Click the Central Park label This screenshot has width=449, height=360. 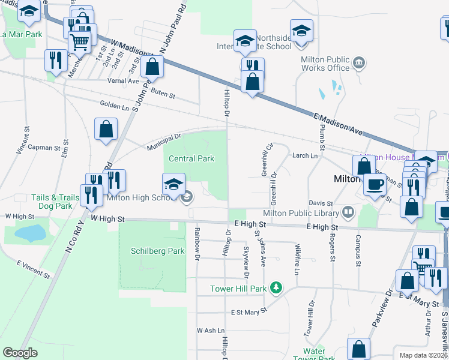(191, 159)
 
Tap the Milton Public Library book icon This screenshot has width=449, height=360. (348, 212)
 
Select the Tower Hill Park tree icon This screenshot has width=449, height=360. (276, 289)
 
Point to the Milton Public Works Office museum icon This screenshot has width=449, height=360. (359, 62)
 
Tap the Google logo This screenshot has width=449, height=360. (20, 353)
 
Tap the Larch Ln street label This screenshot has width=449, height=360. (304, 156)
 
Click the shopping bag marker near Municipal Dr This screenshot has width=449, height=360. (106, 129)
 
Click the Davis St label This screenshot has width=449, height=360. (321, 203)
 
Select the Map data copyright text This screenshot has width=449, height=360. (423, 355)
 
